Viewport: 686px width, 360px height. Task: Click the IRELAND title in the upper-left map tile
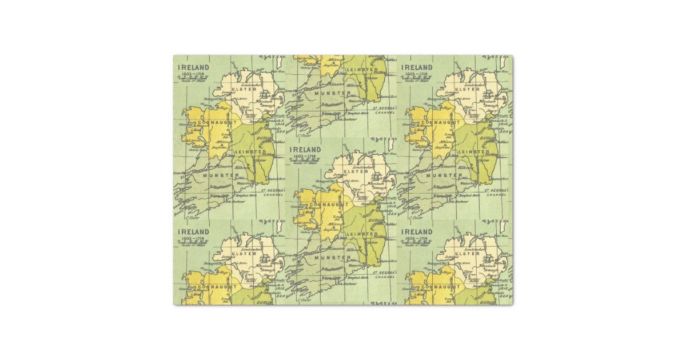click(193, 67)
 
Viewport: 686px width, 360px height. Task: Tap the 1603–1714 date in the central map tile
click(305, 156)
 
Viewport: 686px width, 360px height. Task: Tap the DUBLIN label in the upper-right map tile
click(488, 138)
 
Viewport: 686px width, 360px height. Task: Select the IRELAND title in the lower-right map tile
click(417, 231)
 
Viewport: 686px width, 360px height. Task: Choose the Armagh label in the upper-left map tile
click(268, 106)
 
